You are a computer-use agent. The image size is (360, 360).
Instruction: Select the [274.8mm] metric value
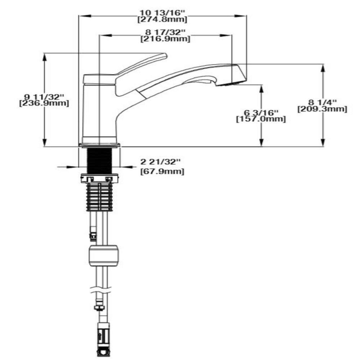163,19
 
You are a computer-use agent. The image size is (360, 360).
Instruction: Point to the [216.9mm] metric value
165,39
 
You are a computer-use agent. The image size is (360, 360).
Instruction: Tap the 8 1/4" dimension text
323,102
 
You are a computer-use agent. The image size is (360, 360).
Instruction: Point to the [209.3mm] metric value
323,109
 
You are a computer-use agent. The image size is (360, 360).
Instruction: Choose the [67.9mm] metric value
162,171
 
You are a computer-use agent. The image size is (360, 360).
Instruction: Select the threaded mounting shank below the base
99,160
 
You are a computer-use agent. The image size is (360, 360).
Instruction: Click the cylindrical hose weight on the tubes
103,255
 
